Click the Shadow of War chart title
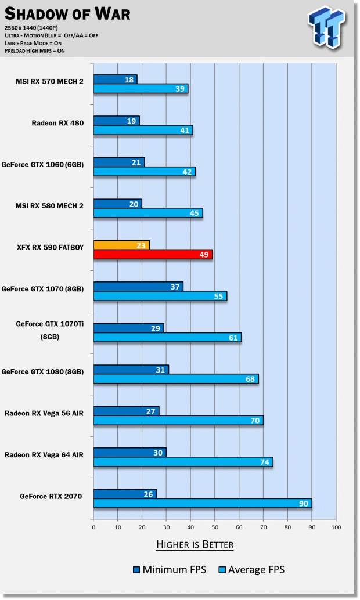tap(67, 13)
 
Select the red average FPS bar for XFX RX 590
tap(153, 255)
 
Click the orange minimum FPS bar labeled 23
tap(121, 245)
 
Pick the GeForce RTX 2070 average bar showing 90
tap(202, 504)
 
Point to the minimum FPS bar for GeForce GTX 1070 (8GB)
tap(138, 287)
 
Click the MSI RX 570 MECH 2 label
tap(49, 81)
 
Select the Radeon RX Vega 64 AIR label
tap(45, 455)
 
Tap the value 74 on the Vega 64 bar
tap(265, 462)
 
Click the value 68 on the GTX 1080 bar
tap(251, 379)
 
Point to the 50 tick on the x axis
tap(214, 527)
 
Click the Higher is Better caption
tap(195, 545)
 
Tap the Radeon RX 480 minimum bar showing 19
tap(116, 121)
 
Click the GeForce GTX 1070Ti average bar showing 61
tap(167, 338)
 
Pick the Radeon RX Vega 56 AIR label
tap(45, 413)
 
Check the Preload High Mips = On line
tap(34, 50)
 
